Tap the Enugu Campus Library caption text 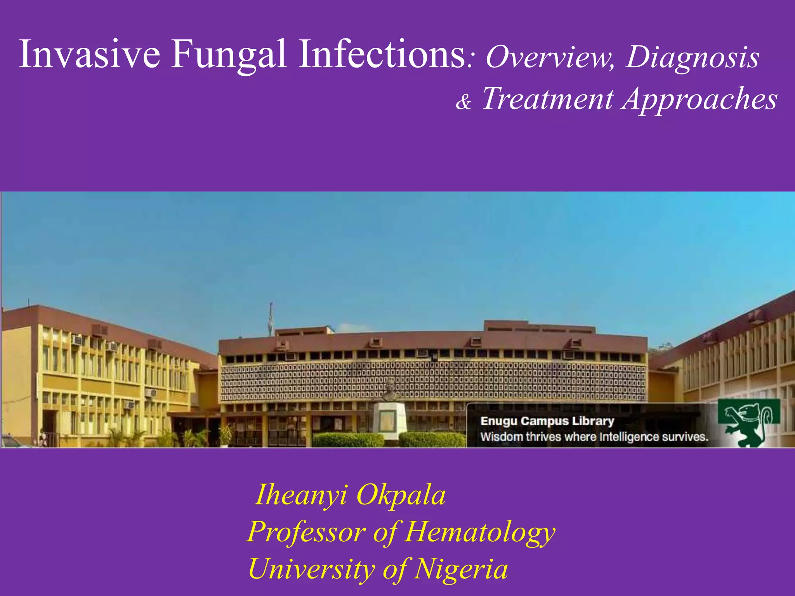click(x=547, y=421)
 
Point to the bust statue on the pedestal click(x=390, y=390)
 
